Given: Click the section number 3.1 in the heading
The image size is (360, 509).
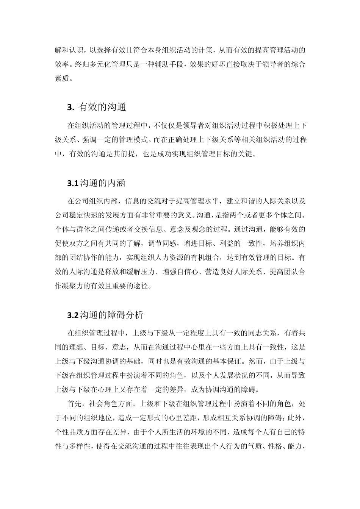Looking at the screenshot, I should pos(72,183).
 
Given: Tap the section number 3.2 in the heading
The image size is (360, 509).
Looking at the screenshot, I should pos(72,315).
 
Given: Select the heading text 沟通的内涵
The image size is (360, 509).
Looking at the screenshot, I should pos(102,183).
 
